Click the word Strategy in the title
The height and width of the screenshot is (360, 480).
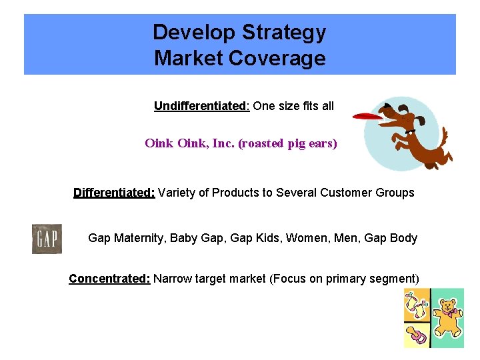coord(285,32)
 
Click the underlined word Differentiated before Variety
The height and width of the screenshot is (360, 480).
coord(114,193)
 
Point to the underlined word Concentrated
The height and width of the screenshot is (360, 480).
coord(109,279)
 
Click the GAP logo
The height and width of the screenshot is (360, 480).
coord(47,239)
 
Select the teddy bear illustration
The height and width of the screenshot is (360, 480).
coord(447,317)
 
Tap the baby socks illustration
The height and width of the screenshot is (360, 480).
coord(416,306)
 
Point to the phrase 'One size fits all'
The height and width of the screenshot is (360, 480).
coord(293,106)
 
